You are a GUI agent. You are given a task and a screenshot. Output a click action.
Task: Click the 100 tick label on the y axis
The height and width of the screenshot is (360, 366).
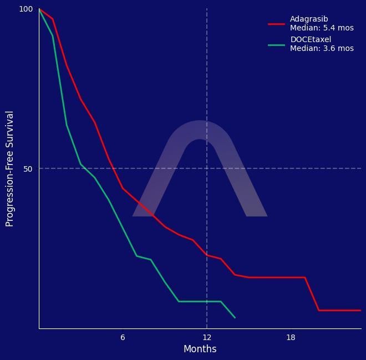[x=26, y=9]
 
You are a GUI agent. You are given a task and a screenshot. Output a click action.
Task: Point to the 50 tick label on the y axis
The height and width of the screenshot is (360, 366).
[x=28, y=169]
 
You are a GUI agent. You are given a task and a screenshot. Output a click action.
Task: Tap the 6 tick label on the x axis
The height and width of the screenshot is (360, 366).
[x=123, y=338]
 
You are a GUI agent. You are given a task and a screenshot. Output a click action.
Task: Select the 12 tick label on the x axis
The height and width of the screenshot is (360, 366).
[x=207, y=338]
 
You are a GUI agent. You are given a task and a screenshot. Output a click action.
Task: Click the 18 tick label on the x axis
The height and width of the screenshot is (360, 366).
[x=291, y=338]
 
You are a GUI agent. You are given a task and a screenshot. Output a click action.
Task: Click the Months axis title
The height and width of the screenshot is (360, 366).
[x=200, y=349]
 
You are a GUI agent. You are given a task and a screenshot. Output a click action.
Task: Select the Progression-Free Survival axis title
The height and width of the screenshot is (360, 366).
[x=9, y=168]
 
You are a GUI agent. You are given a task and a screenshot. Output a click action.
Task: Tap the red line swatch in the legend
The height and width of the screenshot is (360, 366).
[x=276, y=24]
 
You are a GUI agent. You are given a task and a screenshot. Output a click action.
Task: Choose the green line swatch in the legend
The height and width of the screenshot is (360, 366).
[x=276, y=44]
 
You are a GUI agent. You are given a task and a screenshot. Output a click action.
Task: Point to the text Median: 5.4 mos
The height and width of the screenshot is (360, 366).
[x=322, y=28]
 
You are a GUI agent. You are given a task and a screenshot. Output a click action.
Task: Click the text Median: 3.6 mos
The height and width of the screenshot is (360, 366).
[x=322, y=48]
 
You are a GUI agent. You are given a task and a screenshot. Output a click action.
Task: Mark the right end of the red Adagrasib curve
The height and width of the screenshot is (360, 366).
[x=360, y=310]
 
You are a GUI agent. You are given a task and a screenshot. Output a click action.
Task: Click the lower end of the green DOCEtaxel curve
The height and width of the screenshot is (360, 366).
[x=235, y=317]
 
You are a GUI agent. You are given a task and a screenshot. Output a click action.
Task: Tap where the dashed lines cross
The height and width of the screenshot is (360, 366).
[x=207, y=168]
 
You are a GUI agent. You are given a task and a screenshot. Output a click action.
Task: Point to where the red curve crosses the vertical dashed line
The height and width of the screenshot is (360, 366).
[x=207, y=255]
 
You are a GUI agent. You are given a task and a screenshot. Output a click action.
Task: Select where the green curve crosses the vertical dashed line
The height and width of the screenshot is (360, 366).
[x=207, y=301]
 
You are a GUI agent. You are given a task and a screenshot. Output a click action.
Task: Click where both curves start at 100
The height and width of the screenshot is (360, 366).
[x=39, y=9]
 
